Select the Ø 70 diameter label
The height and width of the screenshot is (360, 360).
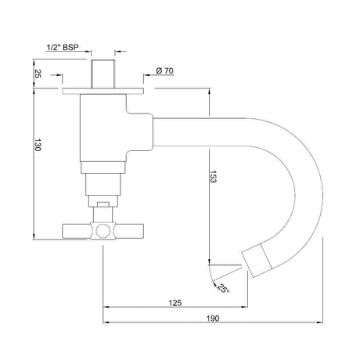click(x=164, y=72)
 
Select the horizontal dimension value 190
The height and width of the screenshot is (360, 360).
click(x=213, y=319)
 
